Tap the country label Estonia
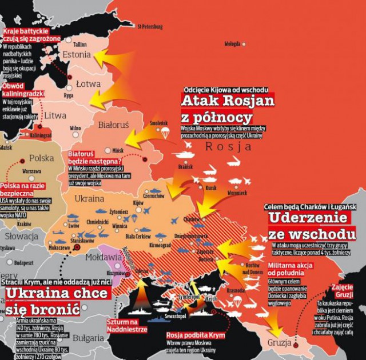pos(77,55)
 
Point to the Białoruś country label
pos(113,125)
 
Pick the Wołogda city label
pos(232,43)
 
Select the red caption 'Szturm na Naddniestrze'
pos(127,326)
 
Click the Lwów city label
pos(74,226)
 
